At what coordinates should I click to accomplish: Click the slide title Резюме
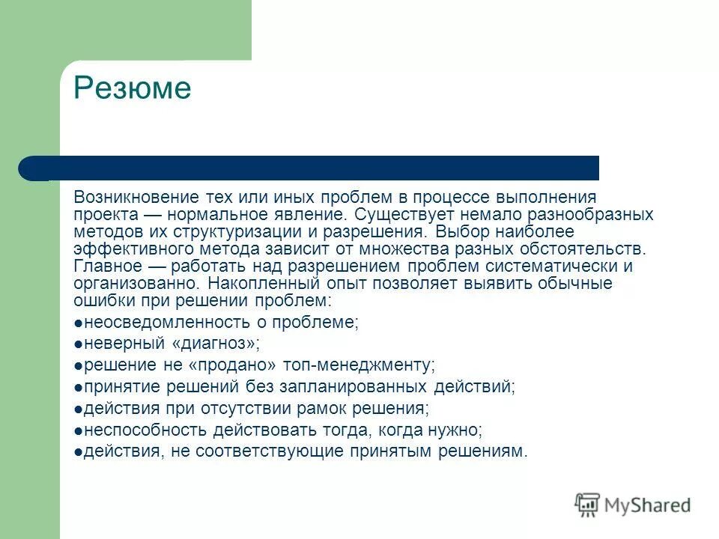[132, 89]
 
